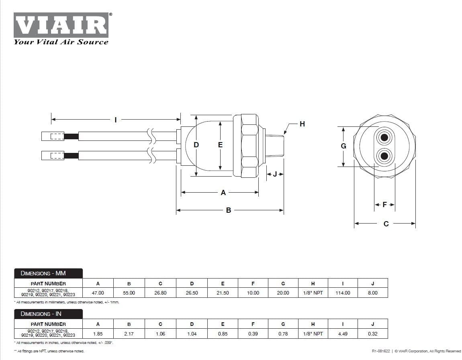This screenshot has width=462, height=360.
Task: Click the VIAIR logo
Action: (x=61, y=25)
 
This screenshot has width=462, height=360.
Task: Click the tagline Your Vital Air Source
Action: (x=61, y=42)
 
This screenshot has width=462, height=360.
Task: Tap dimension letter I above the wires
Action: (x=116, y=120)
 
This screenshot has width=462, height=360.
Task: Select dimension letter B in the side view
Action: (x=229, y=210)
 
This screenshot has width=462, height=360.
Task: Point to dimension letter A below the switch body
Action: (x=223, y=193)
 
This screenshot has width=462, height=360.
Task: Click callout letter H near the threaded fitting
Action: (x=302, y=124)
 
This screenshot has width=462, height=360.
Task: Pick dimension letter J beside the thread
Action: (x=275, y=174)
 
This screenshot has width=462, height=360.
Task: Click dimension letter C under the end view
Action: (x=386, y=224)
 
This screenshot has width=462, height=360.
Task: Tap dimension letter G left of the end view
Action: (x=343, y=146)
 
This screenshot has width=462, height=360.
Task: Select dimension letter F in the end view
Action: (x=384, y=205)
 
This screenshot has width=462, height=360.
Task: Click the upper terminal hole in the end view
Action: (x=384, y=138)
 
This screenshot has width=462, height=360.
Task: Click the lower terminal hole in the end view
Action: (x=384, y=155)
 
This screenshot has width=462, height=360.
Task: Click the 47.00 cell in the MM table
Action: (x=98, y=293)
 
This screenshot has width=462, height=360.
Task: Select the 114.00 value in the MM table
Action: (x=343, y=293)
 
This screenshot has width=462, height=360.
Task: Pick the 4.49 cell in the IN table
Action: (x=343, y=334)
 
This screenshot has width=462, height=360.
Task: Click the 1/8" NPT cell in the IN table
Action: (x=313, y=334)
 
